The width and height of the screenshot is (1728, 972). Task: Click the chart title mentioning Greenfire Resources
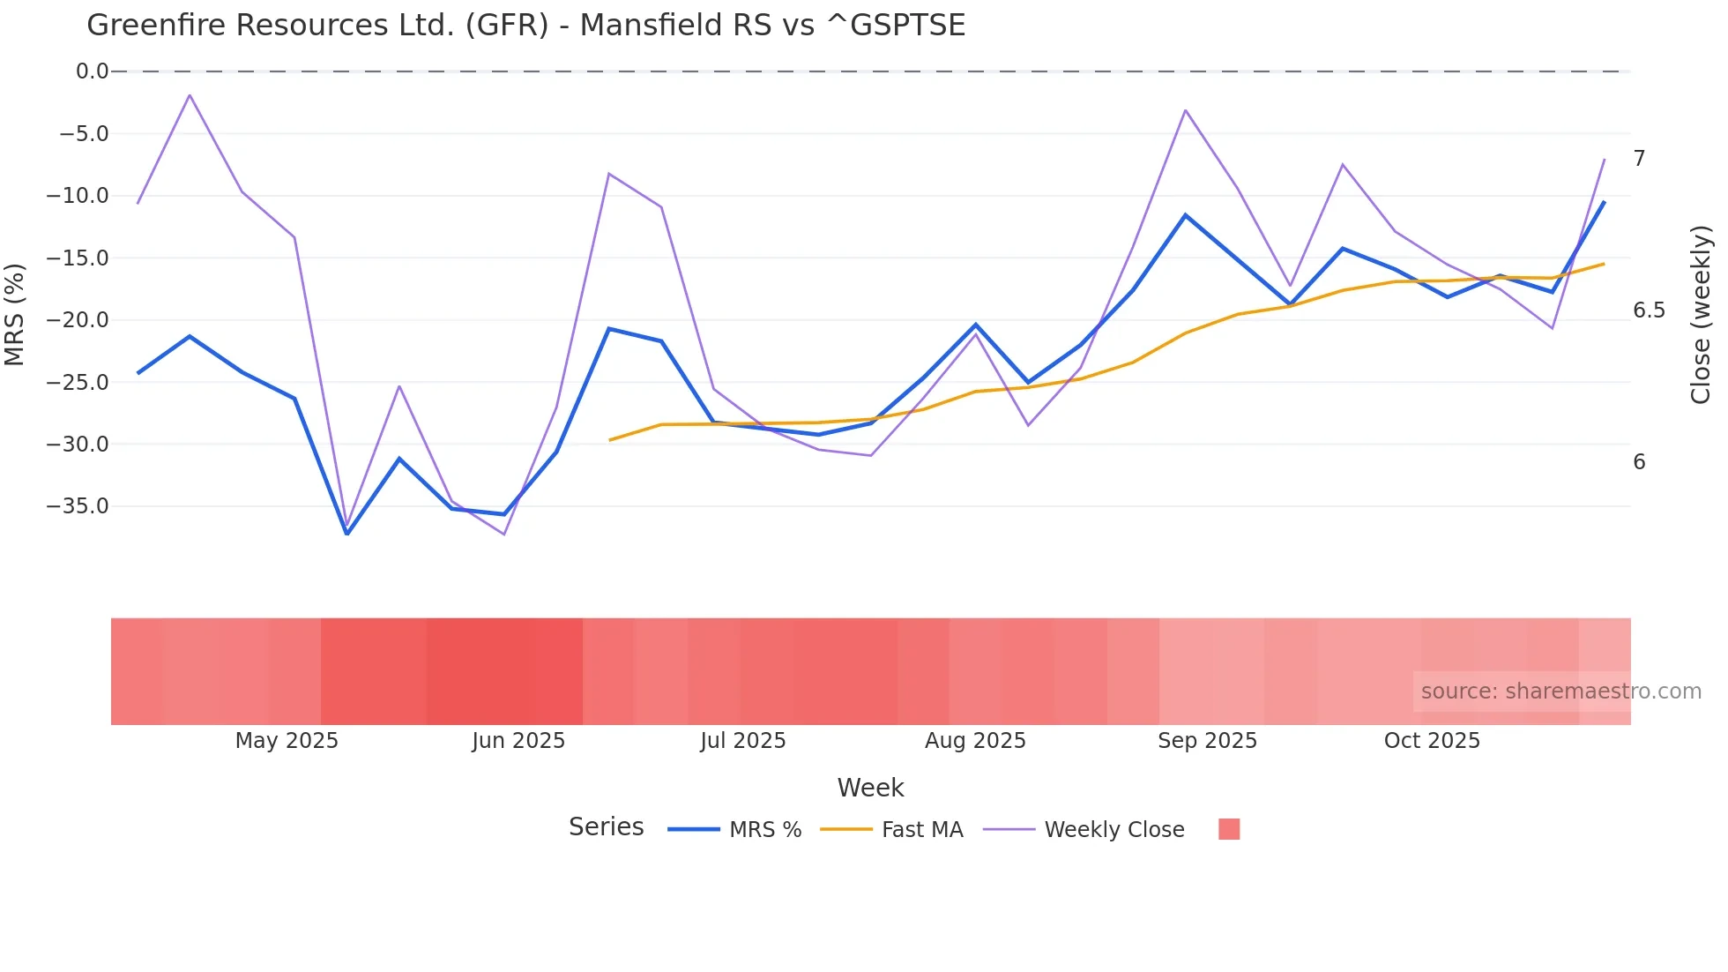pyautogui.click(x=525, y=26)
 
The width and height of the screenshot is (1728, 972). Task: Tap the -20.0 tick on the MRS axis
pyautogui.click(x=78, y=320)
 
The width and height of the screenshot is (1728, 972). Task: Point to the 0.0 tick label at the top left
pyautogui.click(x=92, y=71)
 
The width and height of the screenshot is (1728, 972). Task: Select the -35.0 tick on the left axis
pyautogui.click(x=78, y=506)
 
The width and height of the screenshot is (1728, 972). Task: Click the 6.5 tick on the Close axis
pyautogui.click(x=1649, y=310)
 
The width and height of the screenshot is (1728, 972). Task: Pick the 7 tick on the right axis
pyautogui.click(x=1639, y=159)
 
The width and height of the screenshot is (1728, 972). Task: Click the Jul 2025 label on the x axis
pyautogui.click(x=743, y=741)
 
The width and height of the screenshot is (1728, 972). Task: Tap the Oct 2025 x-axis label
pyautogui.click(x=1432, y=741)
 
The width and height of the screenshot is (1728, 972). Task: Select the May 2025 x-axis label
pyautogui.click(x=287, y=741)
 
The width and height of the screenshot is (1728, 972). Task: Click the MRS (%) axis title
pyautogui.click(x=15, y=315)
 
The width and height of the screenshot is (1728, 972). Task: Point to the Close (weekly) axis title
pyautogui.click(x=1701, y=315)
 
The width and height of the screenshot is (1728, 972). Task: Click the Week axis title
pyautogui.click(x=870, y=788)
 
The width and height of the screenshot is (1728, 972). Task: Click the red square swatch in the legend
pyautogui.click(x=1229, y=829)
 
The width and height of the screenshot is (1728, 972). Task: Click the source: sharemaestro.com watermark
pyautogui.click(x=1560, y=692)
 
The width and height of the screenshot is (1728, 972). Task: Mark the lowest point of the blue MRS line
pyautogui.click(x=347, y=534)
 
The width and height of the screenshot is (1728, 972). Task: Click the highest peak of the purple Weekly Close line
pyautogui.click(x=190, y=95)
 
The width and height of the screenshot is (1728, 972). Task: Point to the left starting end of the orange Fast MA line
pyautogui.click(x=610, y=440)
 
